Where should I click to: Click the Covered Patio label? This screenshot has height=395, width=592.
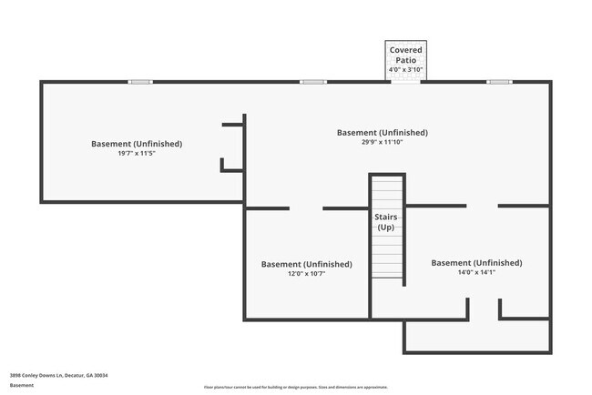(405, 54)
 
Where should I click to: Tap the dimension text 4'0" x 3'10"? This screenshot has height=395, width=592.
(405, 69)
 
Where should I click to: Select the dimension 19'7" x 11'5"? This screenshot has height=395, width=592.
(137, 153)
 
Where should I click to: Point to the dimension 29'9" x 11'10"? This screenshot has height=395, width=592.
(383, 141)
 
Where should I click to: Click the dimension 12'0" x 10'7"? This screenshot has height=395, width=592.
(306, 273)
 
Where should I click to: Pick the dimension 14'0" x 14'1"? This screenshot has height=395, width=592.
(476, 271)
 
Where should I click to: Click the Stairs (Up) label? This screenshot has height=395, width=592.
(385, 221)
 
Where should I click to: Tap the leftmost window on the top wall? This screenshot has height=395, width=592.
(140, 82)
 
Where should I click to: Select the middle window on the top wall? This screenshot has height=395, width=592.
(313, 82)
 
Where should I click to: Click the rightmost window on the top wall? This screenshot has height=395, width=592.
(499, 82)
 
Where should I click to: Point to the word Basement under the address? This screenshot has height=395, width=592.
(22, 385)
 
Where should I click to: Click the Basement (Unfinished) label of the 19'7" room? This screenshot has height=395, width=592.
(137, 144)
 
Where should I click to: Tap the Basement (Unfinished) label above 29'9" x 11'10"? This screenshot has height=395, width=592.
(383, 132)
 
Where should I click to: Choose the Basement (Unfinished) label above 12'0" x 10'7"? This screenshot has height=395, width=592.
(306, 264)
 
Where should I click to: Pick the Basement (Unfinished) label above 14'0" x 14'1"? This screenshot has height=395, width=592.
(476, 262)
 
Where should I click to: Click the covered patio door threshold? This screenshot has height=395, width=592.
(405, 82)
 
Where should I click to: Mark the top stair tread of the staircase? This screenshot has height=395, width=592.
(387, 180)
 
